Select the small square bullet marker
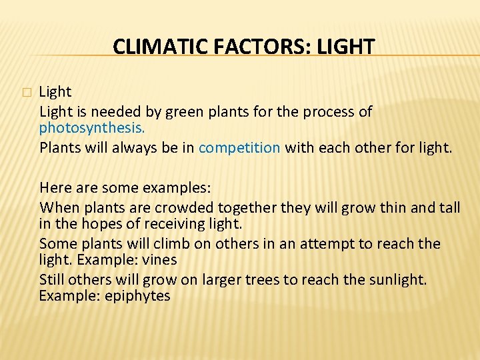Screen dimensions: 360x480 26,93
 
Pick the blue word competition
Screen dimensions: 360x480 239,147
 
